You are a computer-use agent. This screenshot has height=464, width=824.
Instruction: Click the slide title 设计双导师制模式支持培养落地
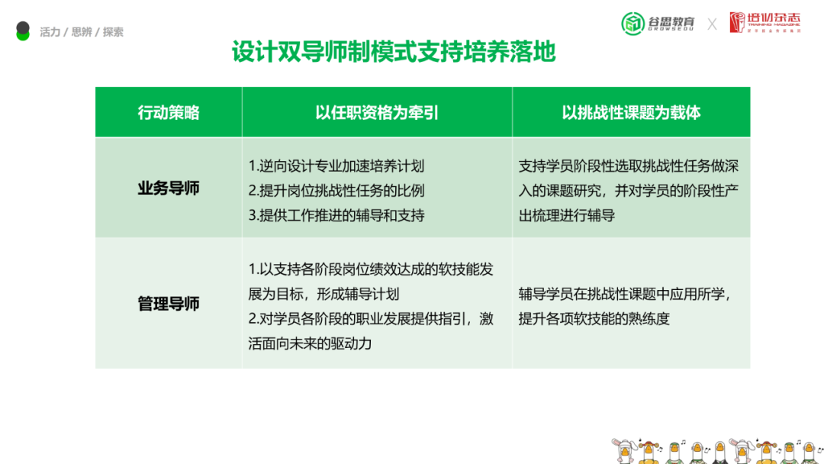pos(394,52)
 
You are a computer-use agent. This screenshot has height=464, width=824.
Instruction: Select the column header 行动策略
pos(169,112)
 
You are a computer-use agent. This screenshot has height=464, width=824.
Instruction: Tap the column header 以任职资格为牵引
pos(377,112)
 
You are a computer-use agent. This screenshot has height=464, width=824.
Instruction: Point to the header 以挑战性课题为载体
pos(631,112)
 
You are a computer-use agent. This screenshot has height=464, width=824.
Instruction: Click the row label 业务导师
pos(169,188)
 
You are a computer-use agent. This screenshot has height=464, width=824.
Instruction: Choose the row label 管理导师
pos(169,303)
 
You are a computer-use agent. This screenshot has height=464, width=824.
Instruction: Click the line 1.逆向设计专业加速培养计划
pos(336,166)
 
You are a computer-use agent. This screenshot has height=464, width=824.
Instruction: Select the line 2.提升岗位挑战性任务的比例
pos(336,191)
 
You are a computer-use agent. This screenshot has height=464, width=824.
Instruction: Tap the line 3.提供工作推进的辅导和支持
pos(336,215)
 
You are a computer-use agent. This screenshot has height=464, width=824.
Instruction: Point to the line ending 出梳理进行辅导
pos(567,215)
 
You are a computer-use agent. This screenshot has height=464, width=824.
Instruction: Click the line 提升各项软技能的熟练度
pos(594,318)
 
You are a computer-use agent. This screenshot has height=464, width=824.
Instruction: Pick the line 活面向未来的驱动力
pos(310,343)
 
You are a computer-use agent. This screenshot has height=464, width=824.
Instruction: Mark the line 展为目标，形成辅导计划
pos(323,294)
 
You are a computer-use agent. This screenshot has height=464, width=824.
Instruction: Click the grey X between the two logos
pos(712,24)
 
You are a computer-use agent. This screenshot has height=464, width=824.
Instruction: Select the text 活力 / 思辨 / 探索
pos(82,32)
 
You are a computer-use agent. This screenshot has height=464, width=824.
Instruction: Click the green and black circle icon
pos(23,31)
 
